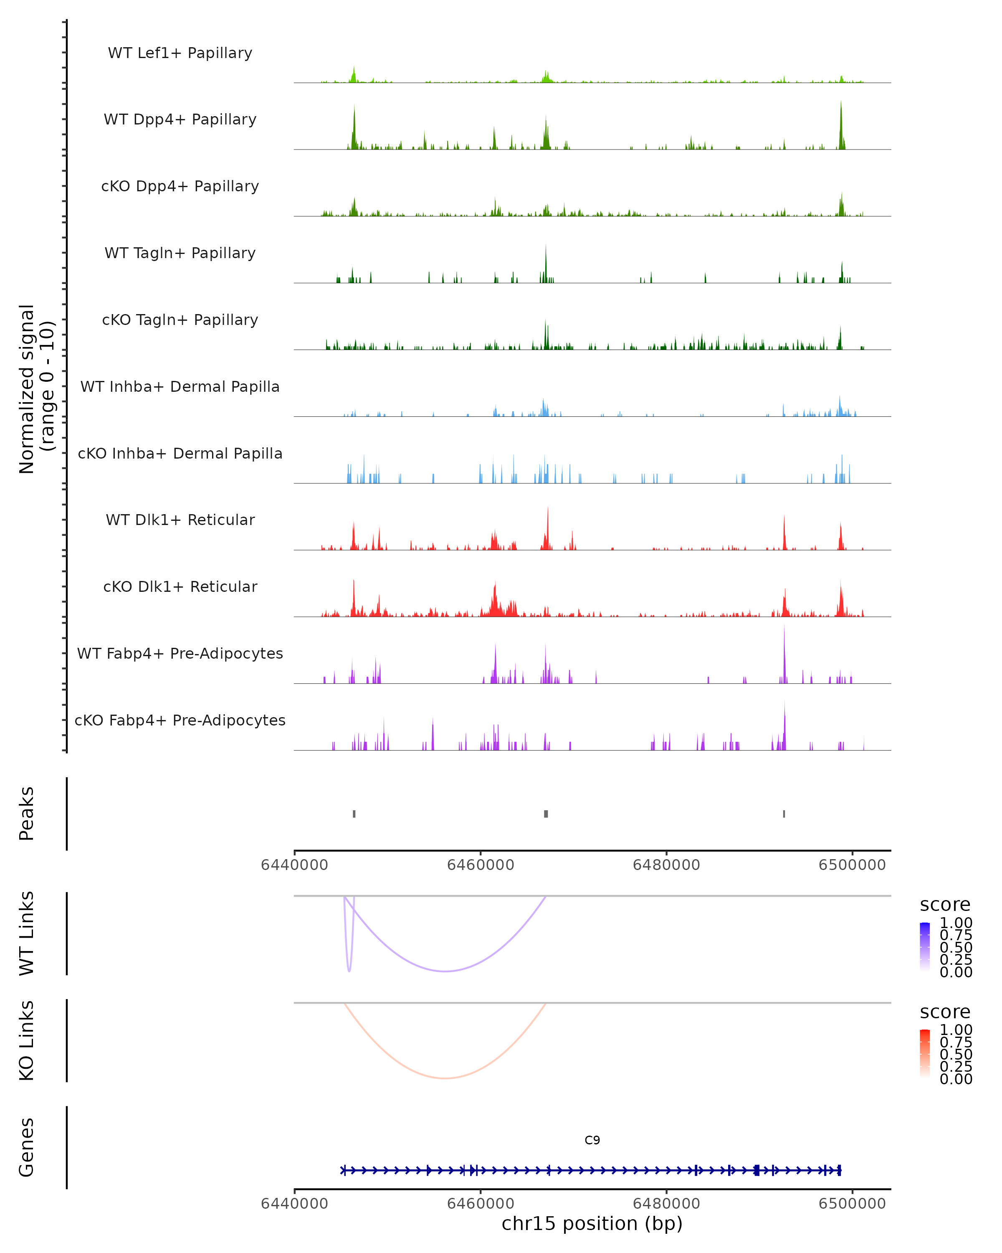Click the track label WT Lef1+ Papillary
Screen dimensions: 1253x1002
point(180,53)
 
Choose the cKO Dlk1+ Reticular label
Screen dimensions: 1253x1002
point(180,586)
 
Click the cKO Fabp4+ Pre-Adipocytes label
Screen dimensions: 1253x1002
point(180,720)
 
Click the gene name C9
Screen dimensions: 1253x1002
point(592,1140)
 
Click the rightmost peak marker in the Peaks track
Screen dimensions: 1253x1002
point(784,814)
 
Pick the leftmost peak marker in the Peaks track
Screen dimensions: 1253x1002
point(354,814)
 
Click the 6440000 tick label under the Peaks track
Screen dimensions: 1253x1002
point(294,865)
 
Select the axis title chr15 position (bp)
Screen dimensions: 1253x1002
point(592,1224)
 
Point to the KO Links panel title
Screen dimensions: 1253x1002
point(27,1040)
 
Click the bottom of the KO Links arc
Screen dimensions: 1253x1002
point(445,1078)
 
